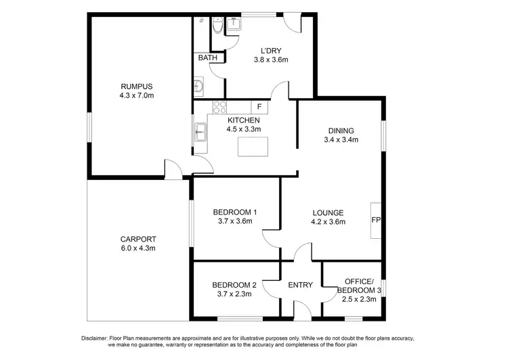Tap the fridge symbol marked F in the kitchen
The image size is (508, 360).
[x=259, y=107]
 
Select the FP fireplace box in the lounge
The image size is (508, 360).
[x=376, y=220]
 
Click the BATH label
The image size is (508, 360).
[x=208, y=58]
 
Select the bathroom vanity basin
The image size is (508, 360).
[x=199, y=87]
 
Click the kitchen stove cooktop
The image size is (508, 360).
[x=219, y=106]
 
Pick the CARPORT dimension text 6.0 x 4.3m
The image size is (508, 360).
[x=138, y=249]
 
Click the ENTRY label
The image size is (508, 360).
[x=300, y=285]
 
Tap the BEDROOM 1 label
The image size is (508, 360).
[x=234, y=211]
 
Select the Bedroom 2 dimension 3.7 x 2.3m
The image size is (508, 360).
[x=234, y=294]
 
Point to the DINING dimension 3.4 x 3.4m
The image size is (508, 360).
[x=341, y=141]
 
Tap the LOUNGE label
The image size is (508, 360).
[x=328, y=212]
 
